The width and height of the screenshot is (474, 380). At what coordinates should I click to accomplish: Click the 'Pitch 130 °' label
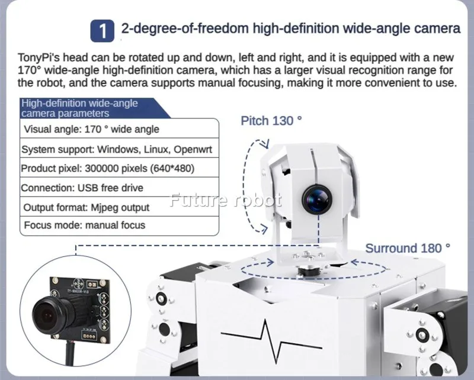(x=271, y=121)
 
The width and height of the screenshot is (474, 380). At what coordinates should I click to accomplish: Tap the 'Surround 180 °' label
(x=407, y=248)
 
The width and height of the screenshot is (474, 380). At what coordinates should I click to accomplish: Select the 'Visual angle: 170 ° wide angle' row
(x=91, y=128)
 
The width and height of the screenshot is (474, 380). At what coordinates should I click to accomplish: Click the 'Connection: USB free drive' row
(x=82, y=188)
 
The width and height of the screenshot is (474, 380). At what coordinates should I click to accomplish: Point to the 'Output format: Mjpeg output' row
(x=87, y=207)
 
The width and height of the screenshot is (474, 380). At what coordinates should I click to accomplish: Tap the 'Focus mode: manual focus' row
(x=84, y=226)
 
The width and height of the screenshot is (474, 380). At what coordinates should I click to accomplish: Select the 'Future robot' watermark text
(x=225, y=201)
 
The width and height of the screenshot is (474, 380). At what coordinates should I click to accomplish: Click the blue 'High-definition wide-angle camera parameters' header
(x=79, y=108)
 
